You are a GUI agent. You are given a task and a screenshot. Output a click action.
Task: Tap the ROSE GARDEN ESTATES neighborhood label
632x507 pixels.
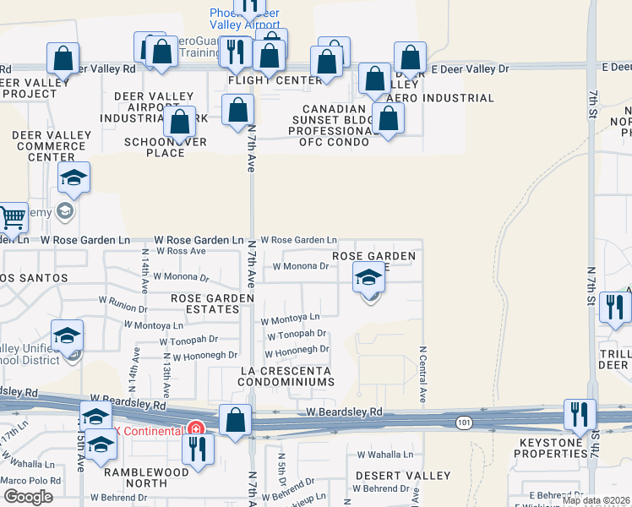211,303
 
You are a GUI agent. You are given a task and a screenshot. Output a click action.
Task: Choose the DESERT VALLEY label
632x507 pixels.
390,476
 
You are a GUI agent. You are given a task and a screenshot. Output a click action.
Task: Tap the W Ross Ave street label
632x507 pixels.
174,252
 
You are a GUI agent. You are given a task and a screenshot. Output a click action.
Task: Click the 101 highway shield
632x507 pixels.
464,421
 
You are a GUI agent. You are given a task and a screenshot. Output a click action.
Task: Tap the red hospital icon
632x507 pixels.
195,429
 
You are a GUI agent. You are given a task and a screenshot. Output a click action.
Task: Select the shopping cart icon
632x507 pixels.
12,218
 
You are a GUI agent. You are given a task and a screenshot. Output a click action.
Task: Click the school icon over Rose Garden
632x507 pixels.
368,276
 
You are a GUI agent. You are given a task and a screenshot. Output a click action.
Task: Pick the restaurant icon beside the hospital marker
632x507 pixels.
198,449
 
